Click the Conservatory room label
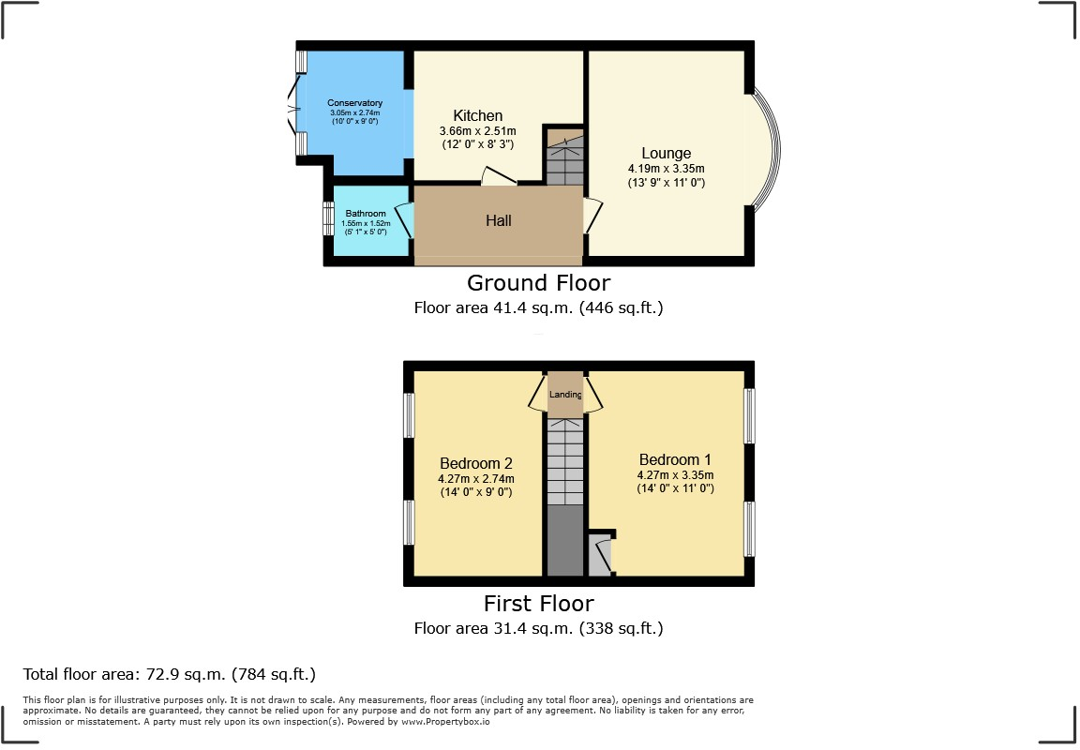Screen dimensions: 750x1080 coord(354,103)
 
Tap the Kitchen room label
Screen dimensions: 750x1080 coord(478,115)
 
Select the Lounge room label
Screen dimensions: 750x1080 coord(666,154)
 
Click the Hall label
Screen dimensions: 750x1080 coord(498,221)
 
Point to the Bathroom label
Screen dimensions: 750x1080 coord(365,214)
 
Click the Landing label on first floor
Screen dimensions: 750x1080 coord(565,395)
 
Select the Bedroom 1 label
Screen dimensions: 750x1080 coord(675,459)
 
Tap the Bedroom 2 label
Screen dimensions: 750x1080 coord(476,463)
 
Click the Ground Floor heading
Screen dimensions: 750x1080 coord(538,283)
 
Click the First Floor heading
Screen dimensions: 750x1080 coord(538,603)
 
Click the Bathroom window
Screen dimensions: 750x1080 coord(328,219)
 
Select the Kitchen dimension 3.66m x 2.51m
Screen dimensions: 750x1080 coord(478,131)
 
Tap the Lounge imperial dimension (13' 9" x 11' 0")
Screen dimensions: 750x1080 coord(666,183)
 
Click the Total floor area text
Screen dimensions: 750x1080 coord(169,674)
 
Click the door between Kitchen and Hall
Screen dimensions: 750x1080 coord(498,176)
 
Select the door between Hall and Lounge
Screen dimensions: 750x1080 coord(591,216)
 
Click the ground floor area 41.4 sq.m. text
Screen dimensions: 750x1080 coord(538,307)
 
